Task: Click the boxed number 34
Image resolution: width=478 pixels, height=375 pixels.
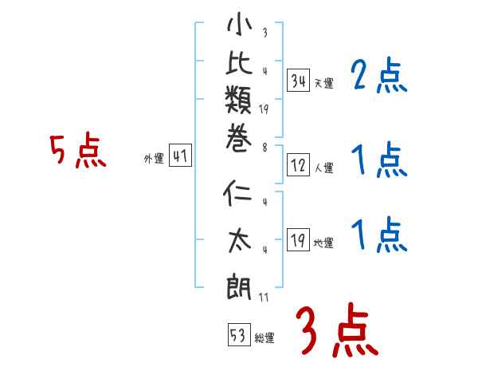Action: [x=298, y=80]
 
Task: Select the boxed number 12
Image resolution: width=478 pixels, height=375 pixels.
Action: [x=298, y=165]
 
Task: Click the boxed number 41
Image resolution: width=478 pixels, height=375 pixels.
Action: [x=180, y=156]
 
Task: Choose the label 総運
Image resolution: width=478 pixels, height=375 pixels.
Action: [x=264, y=337]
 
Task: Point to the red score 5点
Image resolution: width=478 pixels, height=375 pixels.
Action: [x=77, y=152]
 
